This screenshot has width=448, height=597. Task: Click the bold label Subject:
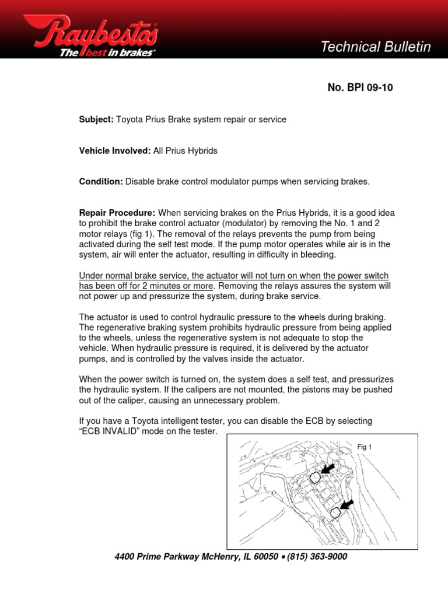(96, 120)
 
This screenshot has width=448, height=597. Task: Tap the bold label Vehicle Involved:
(115, 150)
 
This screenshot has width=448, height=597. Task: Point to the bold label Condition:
(101, 181)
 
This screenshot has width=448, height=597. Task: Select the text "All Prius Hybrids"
(185, 150)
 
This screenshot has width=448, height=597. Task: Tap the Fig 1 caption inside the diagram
(364, 447)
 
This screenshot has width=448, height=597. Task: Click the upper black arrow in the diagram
(328, 468)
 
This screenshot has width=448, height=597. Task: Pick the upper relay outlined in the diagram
(314, 477)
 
